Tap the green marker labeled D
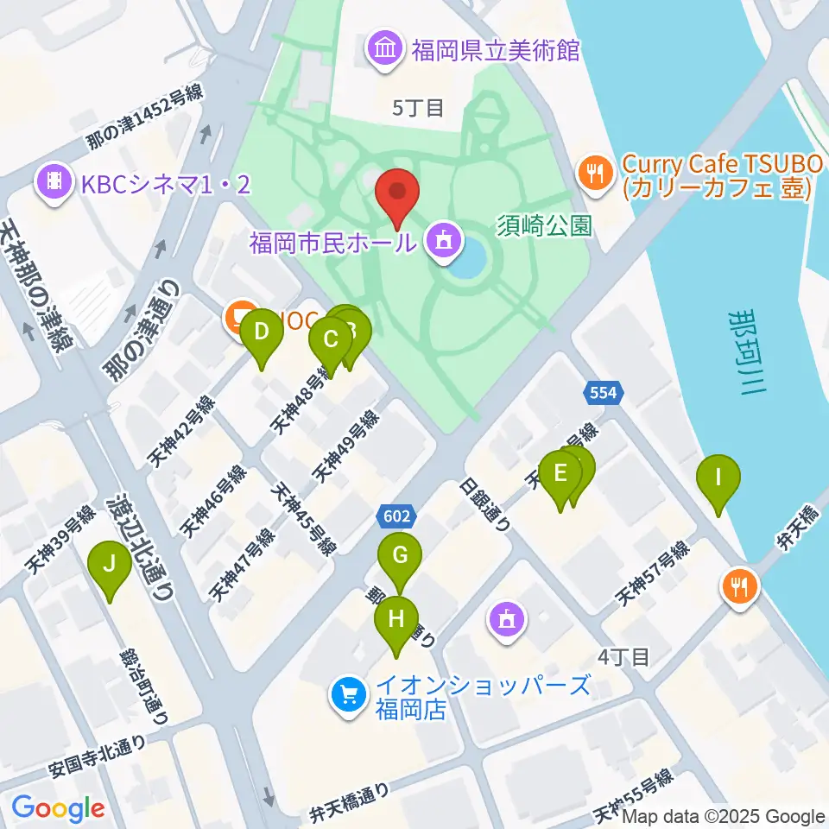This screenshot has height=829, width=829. pyautogui.click(x=262, y=332)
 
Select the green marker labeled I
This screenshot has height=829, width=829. pyautogui.click(x=718, y=478)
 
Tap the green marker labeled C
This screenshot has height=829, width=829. pyautogui.click(x=330, y=339)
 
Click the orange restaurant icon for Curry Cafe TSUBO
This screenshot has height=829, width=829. pyautogui.click(x=594, y=170)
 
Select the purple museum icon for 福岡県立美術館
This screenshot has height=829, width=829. pyautogui.click(x=385, y=47)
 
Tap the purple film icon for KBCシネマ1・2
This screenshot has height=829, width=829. pyautogui.click(x=54, y=182)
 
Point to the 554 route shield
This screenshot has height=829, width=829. pyautogui.click(x=603, y=393)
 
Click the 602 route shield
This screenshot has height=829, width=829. pyautogui.click(x=396, y=516)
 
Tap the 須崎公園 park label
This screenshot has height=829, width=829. pyautogui.click(x=543, y=227)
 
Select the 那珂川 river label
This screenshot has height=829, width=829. pyautogui.click(x=744, y=354)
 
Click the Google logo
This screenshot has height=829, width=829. pyautogui.click(x=58, y=808)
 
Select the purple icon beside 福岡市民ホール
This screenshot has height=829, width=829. pyautogui.click(x=443, y=240)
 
